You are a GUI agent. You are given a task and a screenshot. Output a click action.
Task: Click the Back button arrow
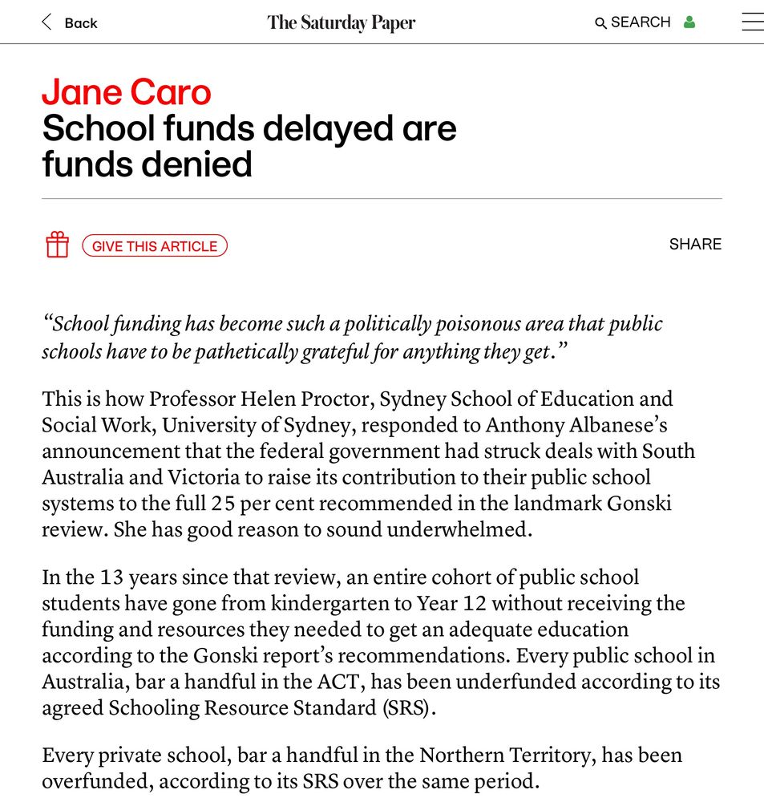(46, 22)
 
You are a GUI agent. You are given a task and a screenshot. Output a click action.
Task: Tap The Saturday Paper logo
(342, 22)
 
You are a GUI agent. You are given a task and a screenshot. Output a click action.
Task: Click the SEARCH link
(633, 22)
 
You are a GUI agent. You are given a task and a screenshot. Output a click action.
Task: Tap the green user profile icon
(689, 22)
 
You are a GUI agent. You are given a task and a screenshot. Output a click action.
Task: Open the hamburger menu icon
(752, 22)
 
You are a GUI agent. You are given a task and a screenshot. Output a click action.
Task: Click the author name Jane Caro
(127, 92)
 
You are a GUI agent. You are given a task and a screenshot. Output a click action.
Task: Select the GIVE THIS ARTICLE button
(155, 245)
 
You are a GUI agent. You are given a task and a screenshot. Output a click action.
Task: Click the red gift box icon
(57, 245)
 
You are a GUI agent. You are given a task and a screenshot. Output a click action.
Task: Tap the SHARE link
(695, 245)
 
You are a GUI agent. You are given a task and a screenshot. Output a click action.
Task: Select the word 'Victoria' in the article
(204, 477)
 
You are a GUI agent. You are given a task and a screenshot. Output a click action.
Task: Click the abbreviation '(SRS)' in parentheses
(407, 708)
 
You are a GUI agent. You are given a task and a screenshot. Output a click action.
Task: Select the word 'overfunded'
(96, 781)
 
